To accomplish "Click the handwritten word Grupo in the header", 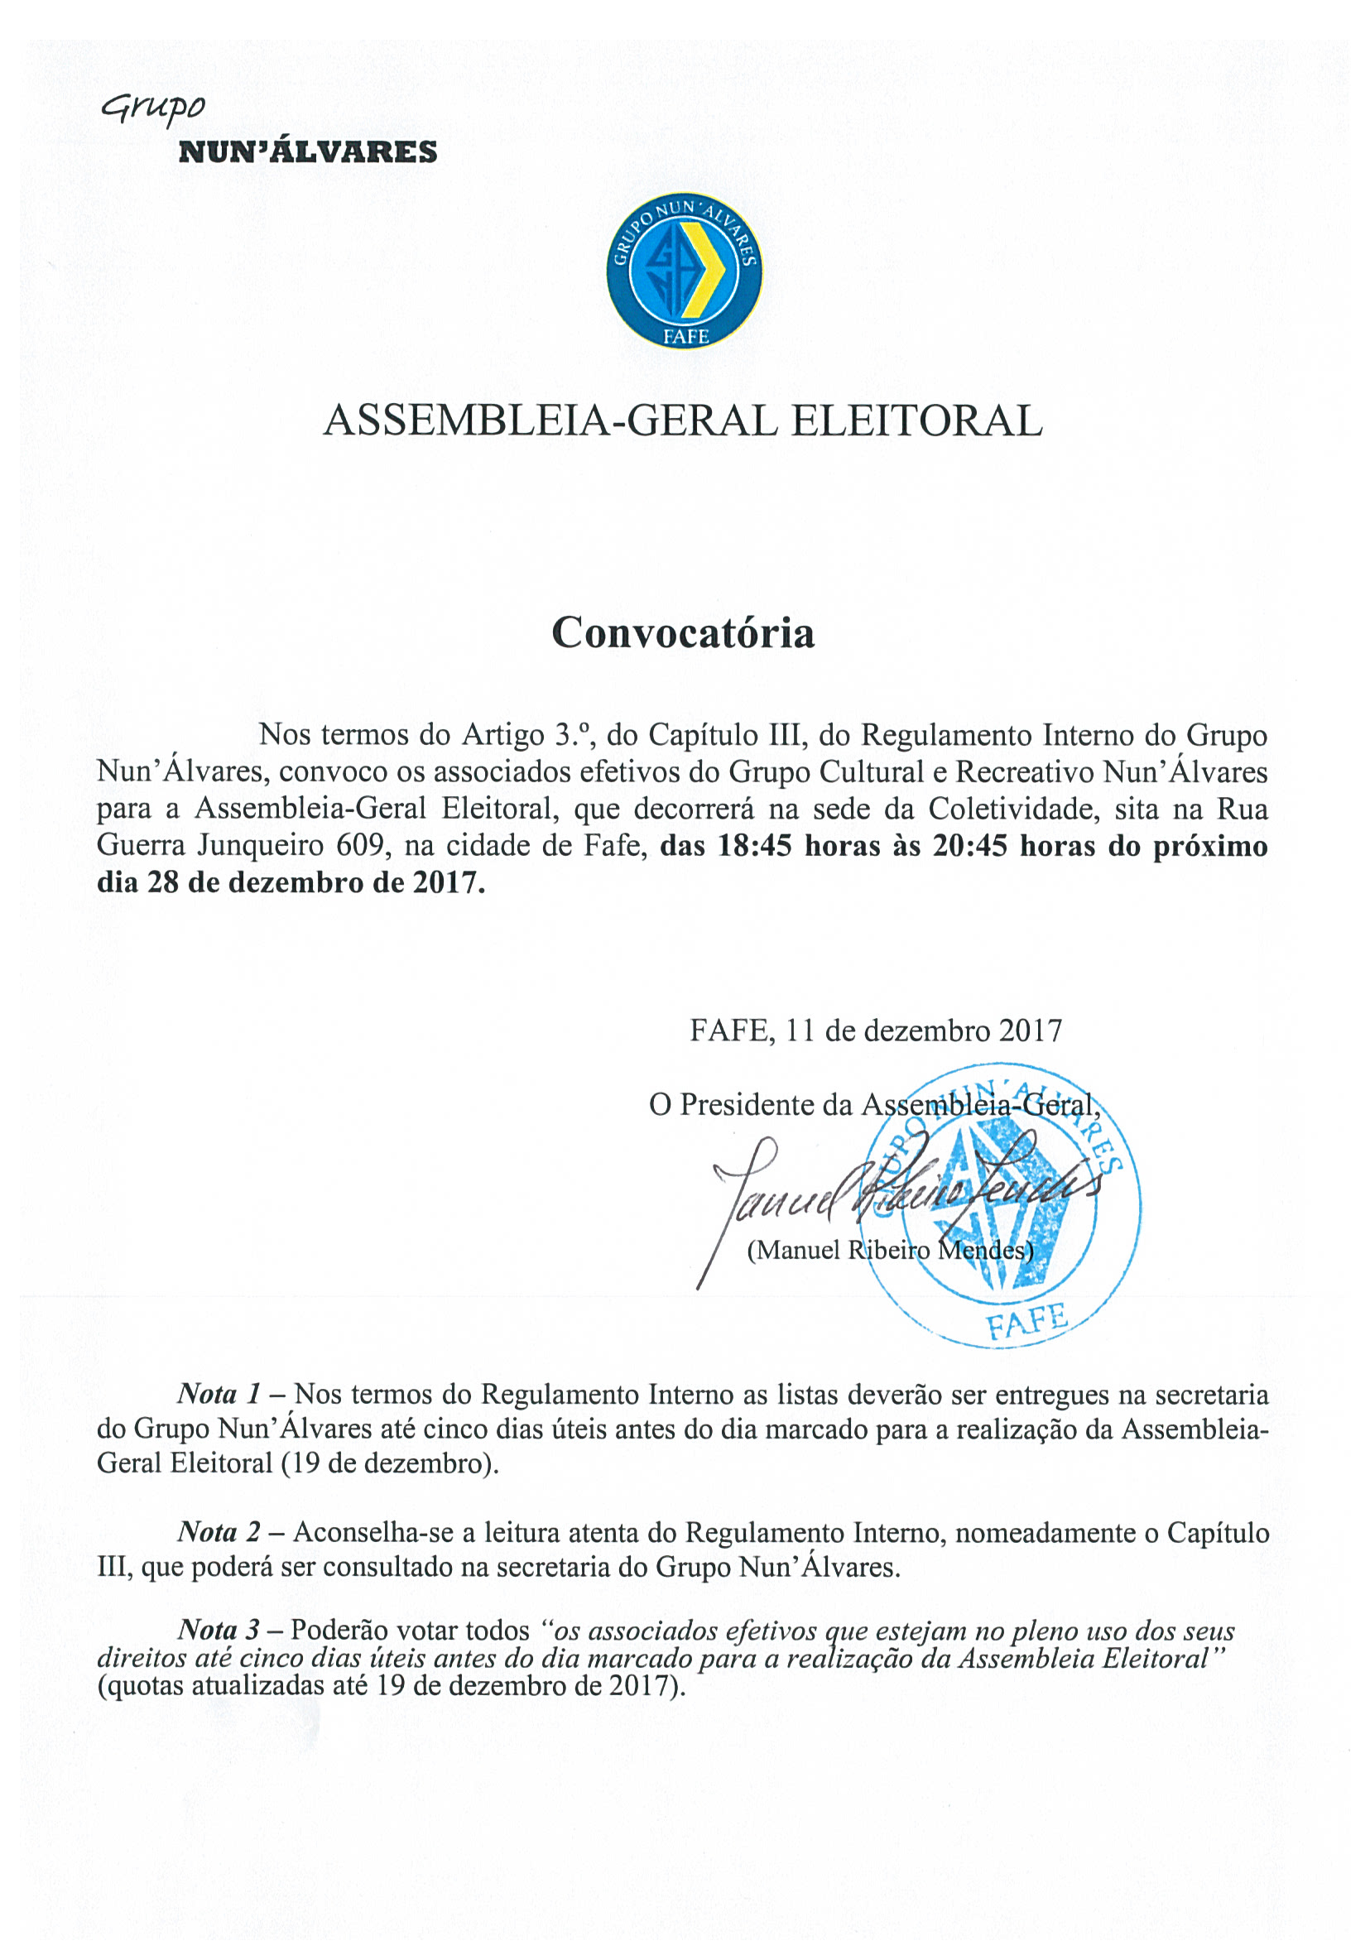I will [x=154, y=108].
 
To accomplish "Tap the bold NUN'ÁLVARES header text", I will [x=307, y=153].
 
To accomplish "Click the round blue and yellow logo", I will [x=685, y=271].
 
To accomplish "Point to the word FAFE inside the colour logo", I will [x=685, y=336].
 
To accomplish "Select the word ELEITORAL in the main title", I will [x=916, y=420].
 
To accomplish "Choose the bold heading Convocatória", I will [x=683, y=633].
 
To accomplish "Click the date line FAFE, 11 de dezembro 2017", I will [x=875, y=1030].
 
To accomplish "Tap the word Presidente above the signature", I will [x=766, y=1105].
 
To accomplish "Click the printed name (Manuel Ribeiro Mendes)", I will [x=889, y=1250].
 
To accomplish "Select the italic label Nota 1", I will [x=219, y=1394].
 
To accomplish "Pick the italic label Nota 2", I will [x=219, y=1532].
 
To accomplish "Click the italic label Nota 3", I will [x=219, y=1631].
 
